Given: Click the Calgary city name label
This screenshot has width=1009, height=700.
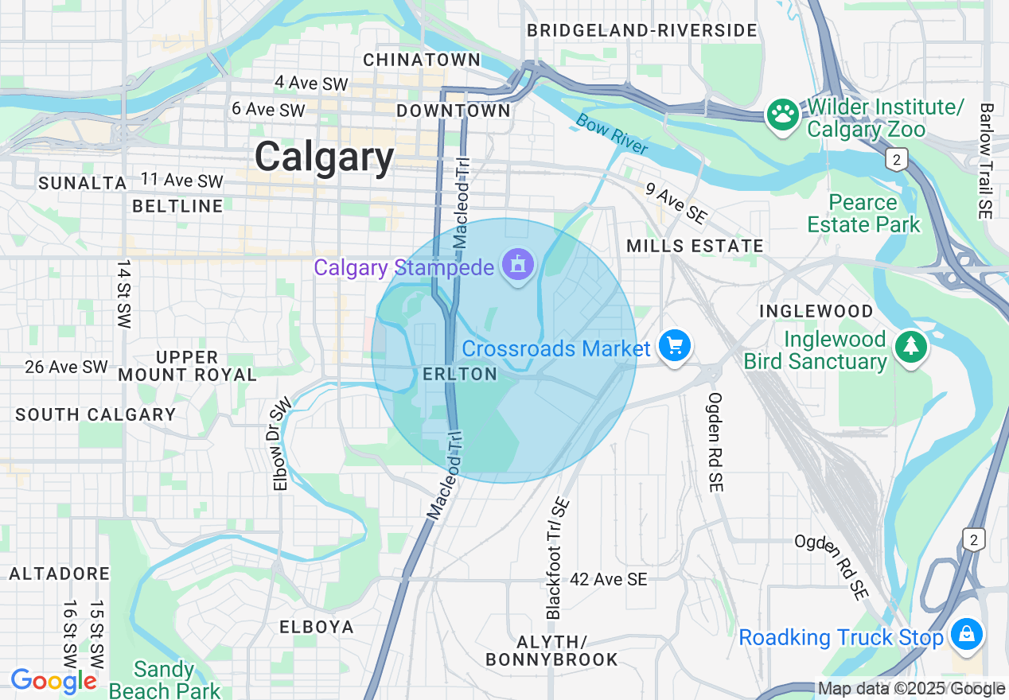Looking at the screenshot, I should tap(324, 157).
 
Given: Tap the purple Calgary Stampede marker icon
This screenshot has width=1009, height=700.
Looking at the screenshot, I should tap(519, 266).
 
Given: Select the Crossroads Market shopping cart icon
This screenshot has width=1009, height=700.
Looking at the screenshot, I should tap(675, 347).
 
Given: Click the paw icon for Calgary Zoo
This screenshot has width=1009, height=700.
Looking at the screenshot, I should tap(782, 115).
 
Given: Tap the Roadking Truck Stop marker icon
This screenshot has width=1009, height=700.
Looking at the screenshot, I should tap(967, 635).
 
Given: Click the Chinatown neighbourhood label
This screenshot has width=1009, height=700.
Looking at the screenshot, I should tap(422, 60).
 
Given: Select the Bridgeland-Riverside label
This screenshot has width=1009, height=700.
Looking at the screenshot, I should tap(641, 31).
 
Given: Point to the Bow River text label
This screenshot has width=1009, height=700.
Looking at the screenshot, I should tap(612, 134).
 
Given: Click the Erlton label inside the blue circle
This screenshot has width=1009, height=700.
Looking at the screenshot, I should tap(460, 374).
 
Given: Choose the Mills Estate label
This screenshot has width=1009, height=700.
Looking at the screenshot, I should tap(695, 247).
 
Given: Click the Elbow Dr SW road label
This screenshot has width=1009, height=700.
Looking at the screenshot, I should tap(282, 444).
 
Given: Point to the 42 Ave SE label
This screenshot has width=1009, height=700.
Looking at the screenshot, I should tap(609, 580).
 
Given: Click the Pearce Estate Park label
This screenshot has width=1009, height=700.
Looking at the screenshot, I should tap(863, 213).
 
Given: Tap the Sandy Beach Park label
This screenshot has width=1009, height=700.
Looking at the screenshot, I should tap(164, 679).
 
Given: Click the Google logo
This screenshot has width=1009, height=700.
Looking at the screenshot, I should tap(53, 681).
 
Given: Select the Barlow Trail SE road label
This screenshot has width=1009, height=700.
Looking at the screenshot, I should tap(987, 161).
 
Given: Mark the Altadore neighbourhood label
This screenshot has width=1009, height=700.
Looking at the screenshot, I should tap(60, 574).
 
